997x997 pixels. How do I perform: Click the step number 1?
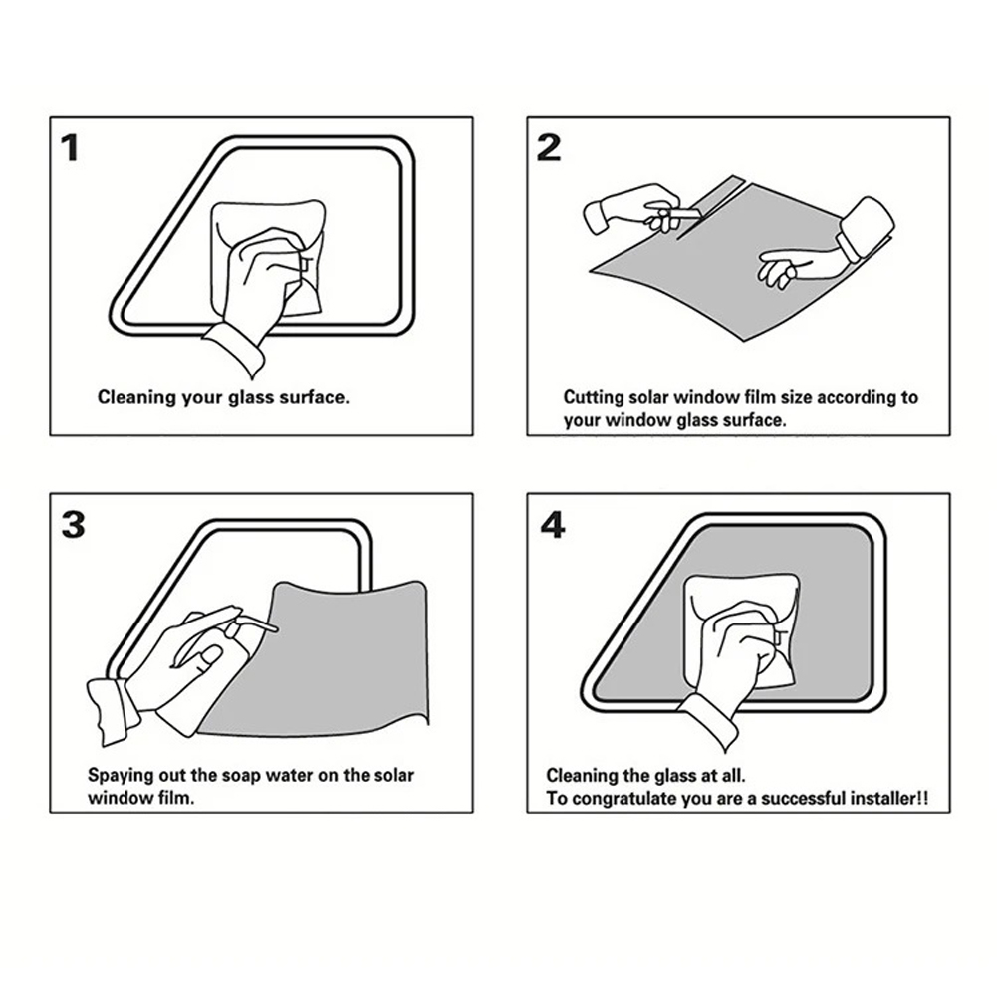point(70,148)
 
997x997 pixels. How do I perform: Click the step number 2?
point(549,147)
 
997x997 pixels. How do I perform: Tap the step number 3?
point(73,525)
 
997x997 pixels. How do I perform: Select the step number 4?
point(552,525)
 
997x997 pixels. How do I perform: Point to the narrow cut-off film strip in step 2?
point(708,205)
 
